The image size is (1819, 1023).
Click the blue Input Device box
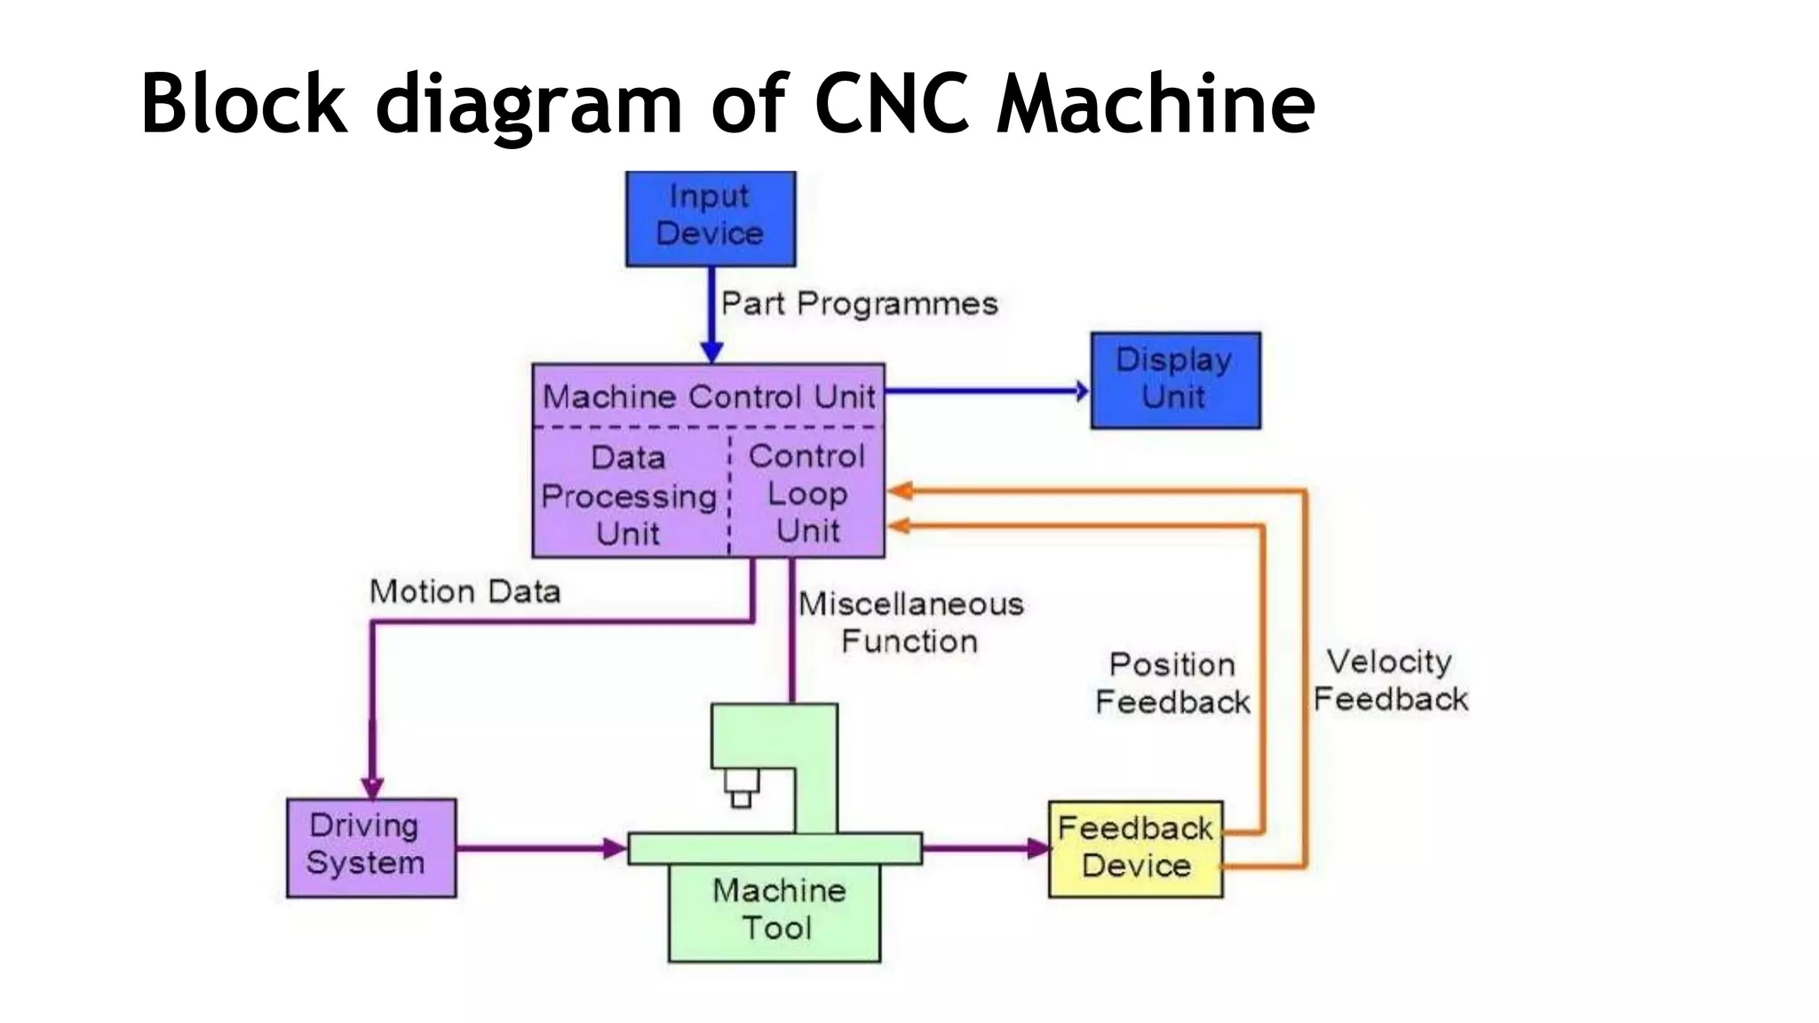pos(711,218)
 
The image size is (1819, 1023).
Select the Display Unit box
pos(1175,380)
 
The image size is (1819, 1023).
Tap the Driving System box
pos(371,847)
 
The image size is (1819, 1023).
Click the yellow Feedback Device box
pos(1135,849)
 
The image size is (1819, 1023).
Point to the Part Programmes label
pos(859,304)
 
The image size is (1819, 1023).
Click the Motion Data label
pos(465,591)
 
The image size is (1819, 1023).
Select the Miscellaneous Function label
pos(910,623)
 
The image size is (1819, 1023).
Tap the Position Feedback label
pos(1172,683)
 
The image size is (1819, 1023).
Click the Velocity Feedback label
pos(1390,680)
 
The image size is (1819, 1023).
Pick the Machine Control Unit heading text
pos(709,396)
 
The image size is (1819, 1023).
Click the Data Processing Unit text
pos(629,496)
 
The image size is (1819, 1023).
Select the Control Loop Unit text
pos(806,494)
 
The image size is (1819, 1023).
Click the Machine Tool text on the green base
pos(778,909)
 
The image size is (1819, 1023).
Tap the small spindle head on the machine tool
pos(742,788)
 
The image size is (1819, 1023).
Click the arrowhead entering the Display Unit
pos(1081,391)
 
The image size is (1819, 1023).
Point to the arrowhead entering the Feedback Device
pos(1037,848)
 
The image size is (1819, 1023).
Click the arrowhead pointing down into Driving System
pos(372,788)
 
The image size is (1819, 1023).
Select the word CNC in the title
pos(891,104)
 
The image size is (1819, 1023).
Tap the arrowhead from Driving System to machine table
pos(615,848)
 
